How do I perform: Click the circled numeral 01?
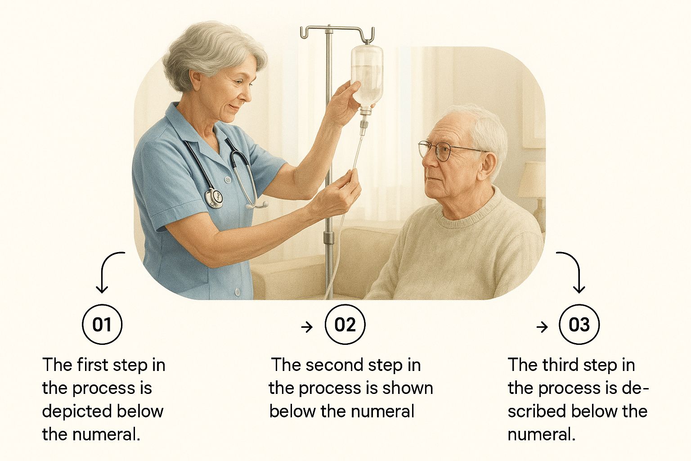pos(102,324)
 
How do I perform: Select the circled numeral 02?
pos(345,324)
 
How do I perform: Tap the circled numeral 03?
pos(579,324)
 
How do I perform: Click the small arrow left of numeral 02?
pos(307,327)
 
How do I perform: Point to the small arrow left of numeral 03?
pos(542,327)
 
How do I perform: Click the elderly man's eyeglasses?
pos(449,150)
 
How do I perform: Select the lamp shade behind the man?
pos(532,180)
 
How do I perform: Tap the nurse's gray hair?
pos(213,53)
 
